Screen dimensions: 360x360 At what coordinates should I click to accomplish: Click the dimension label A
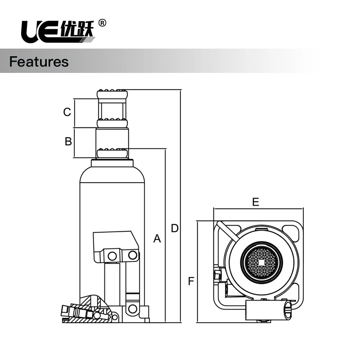(x=157, y=238)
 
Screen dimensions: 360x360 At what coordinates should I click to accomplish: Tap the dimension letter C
(x=67, y=112)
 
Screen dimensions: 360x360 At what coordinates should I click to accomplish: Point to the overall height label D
(x=175, y=229)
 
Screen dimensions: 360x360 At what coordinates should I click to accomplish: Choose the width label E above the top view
(x=256, y=202)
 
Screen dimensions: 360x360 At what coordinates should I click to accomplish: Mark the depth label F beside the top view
(x=191, y=282)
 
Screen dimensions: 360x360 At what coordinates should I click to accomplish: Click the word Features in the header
(x=39, y=62)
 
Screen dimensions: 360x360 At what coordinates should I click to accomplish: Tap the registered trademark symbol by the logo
(x=102, y=23)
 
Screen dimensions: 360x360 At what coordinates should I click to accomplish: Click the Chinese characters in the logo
(x=77, y=30)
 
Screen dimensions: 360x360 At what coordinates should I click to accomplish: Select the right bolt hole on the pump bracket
(x=132, y=255)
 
